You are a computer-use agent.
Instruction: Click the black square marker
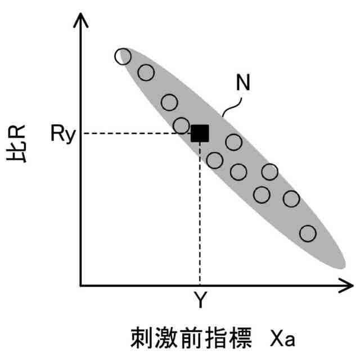pos(200,133)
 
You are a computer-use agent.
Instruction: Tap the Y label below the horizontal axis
pos(200,301)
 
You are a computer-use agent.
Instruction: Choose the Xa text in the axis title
pos(282,338)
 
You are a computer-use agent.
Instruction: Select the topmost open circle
pos(123,56)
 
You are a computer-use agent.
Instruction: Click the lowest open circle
pos(308,233)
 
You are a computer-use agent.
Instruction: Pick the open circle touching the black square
pos(182,125)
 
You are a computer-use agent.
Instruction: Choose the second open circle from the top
pos(146,72)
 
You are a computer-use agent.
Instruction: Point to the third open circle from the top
pos(169,102)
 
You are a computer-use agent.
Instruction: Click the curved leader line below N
pos(235,104)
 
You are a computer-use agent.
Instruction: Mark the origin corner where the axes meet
pos(82,286)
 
